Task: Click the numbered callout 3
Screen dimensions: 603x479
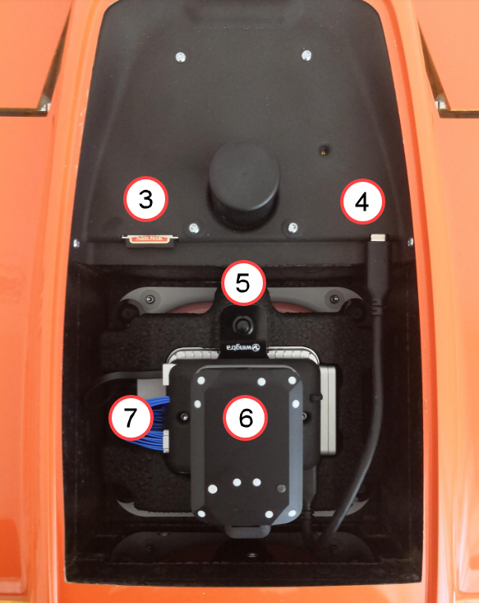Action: pyautogui.click(x=145, y=200)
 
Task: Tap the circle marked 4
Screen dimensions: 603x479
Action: pyautogui.click(x=363, y=201)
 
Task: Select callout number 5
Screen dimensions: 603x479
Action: pyautogui.click(x=242, y=282)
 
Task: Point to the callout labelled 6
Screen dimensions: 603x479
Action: pyautogui.click(x=245, y=418)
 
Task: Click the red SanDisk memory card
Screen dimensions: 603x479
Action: pyautogui.click(x=146, y=239)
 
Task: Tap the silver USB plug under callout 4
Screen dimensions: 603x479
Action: pyautogui.click(x=378, y=238)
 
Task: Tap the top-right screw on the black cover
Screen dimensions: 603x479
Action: pyautogui.click(x=306, y=55)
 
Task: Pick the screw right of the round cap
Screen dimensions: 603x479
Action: pyautogui.click(x=292, y=225)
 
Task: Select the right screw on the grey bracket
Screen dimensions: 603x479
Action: pyautogui.click(x=333, y=298)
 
